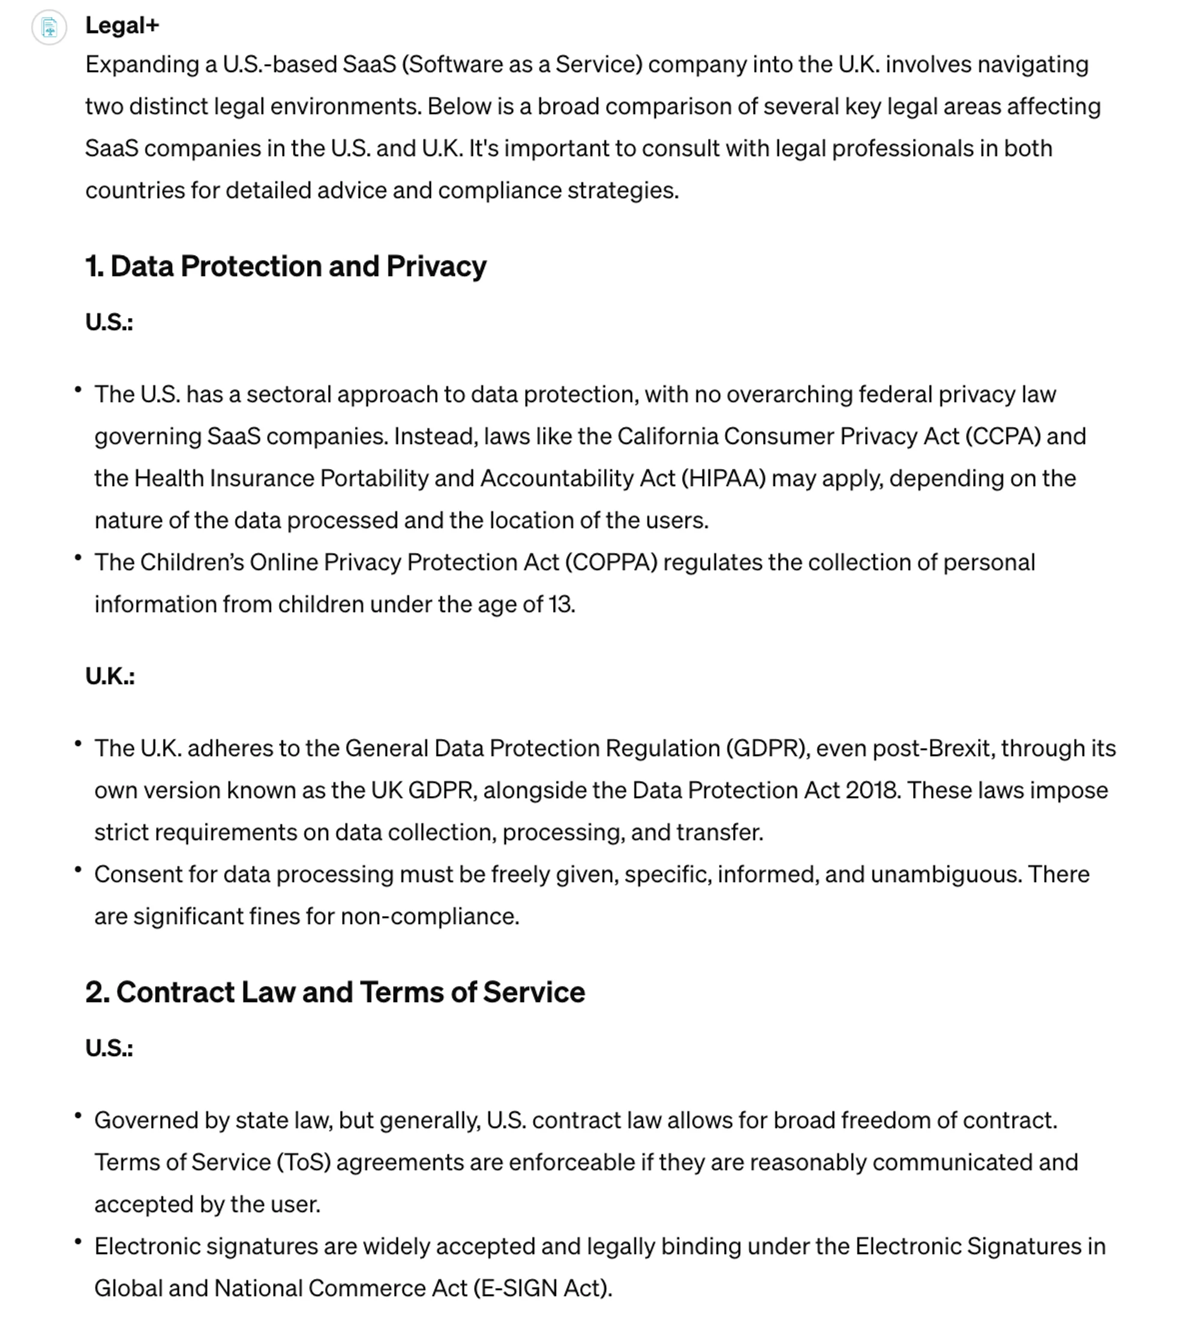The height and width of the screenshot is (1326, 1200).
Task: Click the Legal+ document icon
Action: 49,28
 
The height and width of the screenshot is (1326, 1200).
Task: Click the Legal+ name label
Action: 122,26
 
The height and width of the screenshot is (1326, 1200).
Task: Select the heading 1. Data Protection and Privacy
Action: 286,266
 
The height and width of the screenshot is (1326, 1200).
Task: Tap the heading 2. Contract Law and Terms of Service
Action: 335,992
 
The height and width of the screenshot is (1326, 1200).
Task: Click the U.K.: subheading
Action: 110,676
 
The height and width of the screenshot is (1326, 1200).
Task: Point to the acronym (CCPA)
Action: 1003,436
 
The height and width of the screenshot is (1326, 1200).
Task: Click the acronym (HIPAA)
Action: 724,478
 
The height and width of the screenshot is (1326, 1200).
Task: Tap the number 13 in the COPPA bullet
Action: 560,604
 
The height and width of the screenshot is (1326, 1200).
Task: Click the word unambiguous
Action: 946,874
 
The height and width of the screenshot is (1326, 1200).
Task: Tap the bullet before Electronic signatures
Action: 78,1242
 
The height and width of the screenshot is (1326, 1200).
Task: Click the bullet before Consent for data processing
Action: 78,869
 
